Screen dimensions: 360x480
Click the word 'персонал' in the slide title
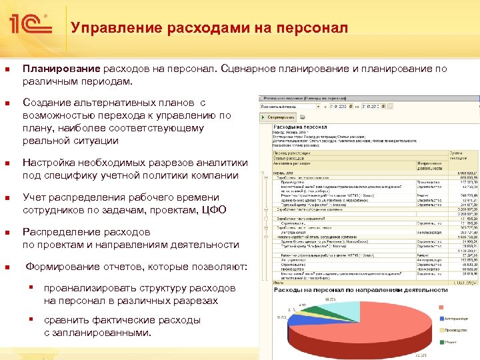click(315, 28)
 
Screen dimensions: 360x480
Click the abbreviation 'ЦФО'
click(214, 210)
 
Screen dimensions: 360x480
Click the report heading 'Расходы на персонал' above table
click(301, 127)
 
